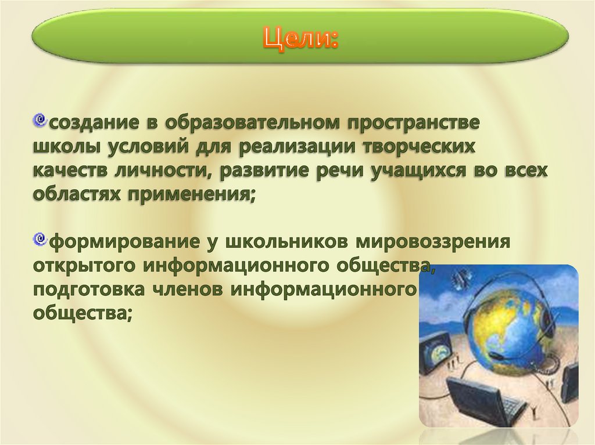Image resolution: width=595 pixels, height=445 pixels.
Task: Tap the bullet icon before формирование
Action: point(40,238)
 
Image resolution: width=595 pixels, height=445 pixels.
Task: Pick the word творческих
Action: point(420,147)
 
